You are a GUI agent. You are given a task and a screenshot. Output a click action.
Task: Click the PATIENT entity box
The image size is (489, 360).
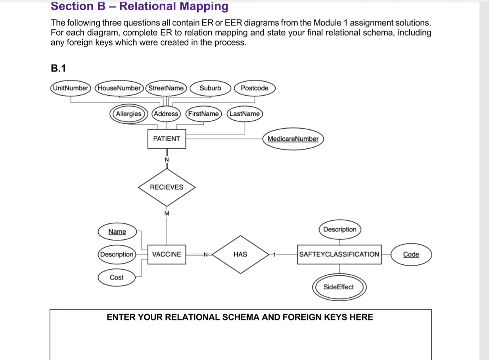pos(167,139)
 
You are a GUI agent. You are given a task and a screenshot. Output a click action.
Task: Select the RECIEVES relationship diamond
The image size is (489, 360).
pos(167,187)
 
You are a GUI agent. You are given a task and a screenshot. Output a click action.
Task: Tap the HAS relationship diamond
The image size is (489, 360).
pos(240,254)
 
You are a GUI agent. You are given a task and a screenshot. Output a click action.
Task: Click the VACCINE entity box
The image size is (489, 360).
pos(167,254)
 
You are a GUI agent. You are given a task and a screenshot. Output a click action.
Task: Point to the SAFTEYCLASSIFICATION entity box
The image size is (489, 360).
pos(339,254)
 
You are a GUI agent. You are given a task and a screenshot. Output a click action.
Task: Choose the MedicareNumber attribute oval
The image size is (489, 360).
pos(293,139)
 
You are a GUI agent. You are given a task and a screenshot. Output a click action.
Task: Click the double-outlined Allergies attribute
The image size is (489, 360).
pos(128,114)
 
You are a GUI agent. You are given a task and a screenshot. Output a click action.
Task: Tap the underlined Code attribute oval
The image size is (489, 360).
pos(411,254)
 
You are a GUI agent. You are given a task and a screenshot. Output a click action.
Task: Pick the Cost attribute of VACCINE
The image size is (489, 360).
pos(117,277)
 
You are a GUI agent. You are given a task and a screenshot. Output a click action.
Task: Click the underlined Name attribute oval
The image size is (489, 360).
pos(117,232)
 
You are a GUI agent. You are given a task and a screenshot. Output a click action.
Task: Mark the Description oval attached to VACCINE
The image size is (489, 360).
pos(117,254)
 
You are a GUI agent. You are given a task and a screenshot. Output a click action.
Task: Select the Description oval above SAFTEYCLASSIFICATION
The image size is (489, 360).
pos(340,229)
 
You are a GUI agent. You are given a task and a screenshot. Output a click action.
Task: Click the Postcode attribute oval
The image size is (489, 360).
pos(255,88)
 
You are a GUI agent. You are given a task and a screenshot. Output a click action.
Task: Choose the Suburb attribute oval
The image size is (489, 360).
pos(210,88)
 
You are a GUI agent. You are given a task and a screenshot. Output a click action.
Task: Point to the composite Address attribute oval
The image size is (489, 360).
pos(166,114)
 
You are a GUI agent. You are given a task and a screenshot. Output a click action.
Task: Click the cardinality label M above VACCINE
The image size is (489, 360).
pos(167,214)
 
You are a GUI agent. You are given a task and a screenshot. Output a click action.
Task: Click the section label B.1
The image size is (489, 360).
pos(58,68)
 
